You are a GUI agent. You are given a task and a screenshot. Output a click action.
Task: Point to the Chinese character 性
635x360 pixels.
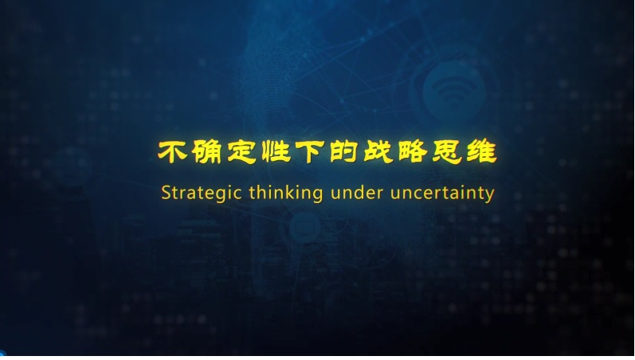pos(276,152)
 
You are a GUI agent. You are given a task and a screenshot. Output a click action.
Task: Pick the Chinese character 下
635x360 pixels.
pos(310,152)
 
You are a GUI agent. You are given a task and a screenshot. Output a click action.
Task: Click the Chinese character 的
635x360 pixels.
pos(344,152)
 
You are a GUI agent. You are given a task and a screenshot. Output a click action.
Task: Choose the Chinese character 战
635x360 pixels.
pos(378,152)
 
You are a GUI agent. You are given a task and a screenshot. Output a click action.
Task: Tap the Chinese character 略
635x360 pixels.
pos(413,152)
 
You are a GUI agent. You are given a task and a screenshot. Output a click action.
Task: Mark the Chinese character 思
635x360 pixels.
pos(447,152)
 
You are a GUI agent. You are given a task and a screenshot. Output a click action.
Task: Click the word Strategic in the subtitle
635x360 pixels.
pos(202,194)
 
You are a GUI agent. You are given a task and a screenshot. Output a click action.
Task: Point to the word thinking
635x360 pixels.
pos(286,193)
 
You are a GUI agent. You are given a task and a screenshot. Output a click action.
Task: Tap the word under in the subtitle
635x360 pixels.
pos(357,193)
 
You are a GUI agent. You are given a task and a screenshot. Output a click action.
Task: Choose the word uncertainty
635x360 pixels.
pos(442,194)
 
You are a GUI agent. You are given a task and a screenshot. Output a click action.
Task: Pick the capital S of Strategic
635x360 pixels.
pos(166,193)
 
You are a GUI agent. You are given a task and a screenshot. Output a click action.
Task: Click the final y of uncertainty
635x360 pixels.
pos(489,195)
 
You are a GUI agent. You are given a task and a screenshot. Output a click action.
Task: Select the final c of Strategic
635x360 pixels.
pos(237,194)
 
